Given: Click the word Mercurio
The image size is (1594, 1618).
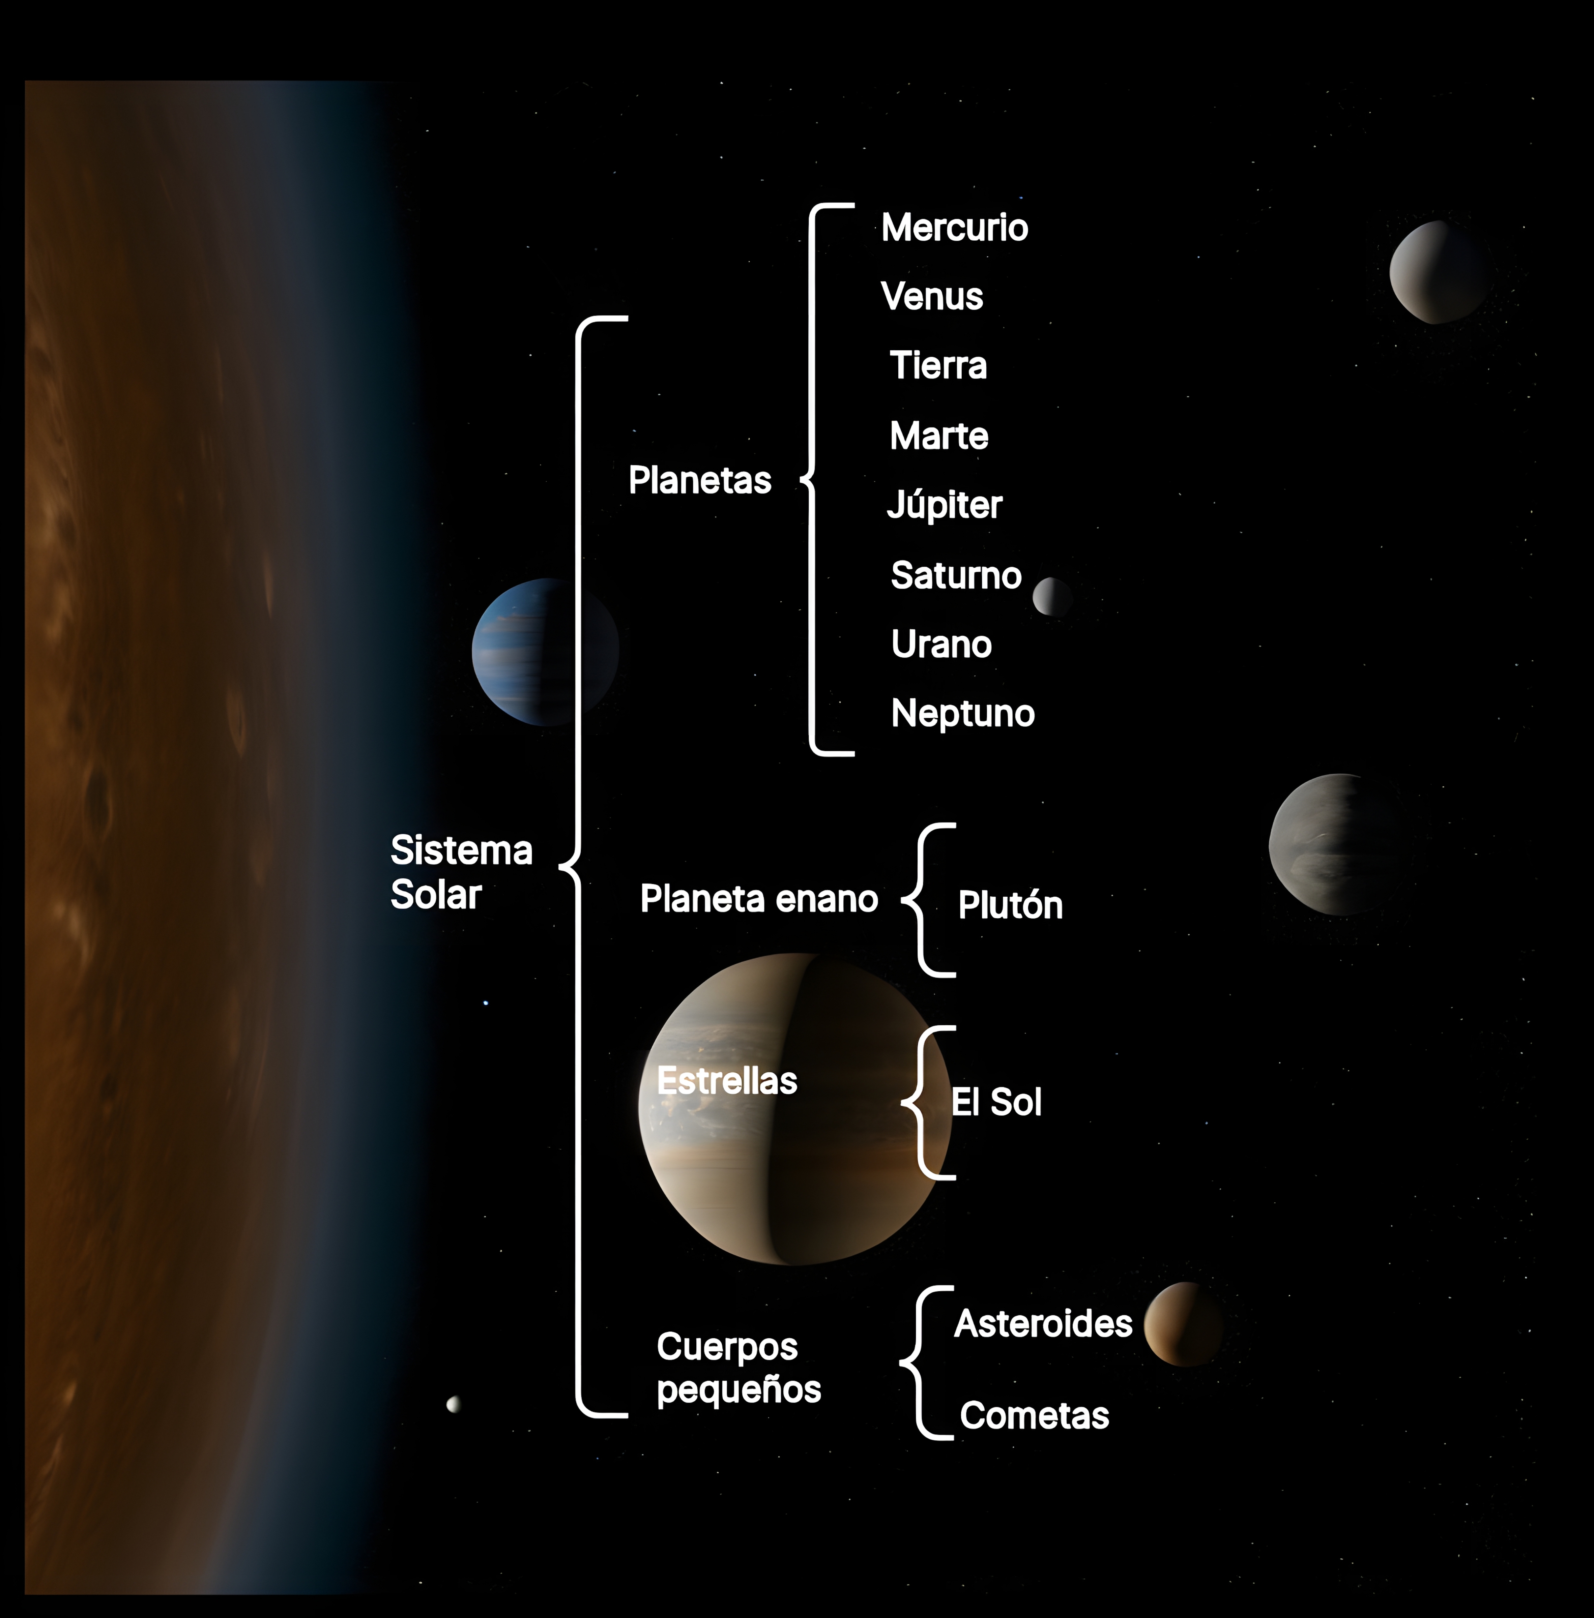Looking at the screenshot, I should pos(954,228).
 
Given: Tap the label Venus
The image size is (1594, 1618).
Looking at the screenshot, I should pos(932,296).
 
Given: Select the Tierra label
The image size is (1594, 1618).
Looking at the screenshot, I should pos(938,366).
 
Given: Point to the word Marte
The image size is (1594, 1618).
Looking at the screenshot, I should pos(938,436).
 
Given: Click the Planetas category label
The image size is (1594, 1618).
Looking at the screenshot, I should pos(700,480).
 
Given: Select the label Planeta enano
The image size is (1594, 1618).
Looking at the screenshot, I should pos(758,899).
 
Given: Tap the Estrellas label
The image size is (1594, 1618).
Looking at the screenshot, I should pos(727,1081).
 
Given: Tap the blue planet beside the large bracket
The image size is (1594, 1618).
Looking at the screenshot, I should pos(544,651).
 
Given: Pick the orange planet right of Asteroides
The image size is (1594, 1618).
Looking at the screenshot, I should pos(1183,1323).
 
